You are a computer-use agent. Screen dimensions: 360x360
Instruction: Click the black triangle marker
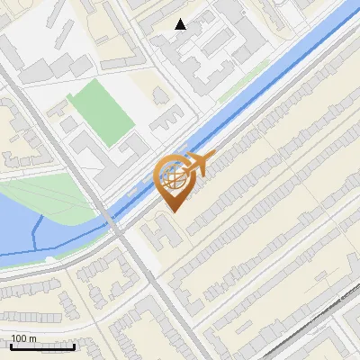[181, 24]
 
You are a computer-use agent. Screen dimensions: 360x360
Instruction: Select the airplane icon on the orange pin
[197, 164]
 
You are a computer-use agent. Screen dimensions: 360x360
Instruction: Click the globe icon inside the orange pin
[173, 177]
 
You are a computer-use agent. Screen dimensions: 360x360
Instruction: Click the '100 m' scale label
[23, 338]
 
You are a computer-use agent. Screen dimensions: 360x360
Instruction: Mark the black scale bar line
[41, 346]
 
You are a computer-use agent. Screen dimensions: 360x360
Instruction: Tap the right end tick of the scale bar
[74, 344]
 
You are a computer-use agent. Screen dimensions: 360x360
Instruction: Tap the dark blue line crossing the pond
[36, 236]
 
